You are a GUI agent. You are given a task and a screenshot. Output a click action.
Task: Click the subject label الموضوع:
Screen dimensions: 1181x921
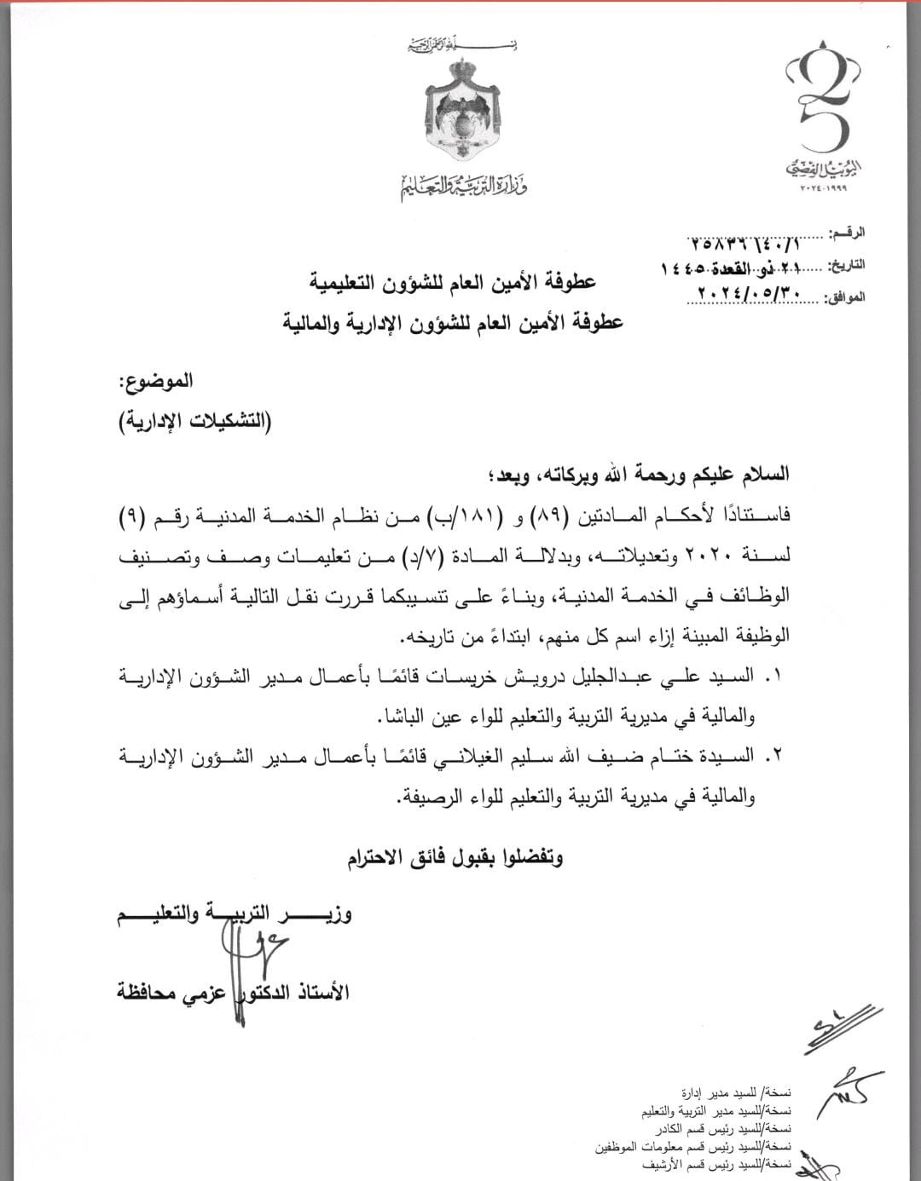[x=156, y=382]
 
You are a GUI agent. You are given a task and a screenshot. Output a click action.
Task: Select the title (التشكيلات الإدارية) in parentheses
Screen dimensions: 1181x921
[x=194, y=421]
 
